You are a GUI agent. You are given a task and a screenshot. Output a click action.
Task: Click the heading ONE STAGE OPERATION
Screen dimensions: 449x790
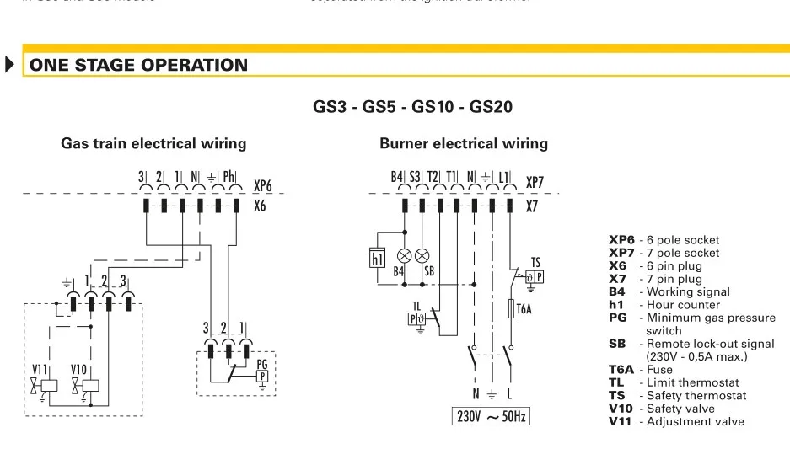(139, 66)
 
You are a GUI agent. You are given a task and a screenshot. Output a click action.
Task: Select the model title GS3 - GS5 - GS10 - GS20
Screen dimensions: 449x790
(413, 107)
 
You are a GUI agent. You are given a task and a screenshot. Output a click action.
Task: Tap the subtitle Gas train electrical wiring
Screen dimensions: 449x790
(153, 143)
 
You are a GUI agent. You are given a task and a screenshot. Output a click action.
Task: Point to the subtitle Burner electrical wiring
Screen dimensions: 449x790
(464, 143)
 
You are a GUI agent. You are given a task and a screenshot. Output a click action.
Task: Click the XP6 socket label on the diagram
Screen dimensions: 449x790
(263, 184)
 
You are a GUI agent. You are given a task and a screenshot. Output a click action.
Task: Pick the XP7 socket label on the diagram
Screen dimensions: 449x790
(535, 182)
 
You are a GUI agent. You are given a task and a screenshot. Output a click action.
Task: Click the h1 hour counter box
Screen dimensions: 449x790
(378, 258)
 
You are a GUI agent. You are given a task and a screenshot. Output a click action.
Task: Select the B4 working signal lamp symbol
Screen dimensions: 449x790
(405, 255)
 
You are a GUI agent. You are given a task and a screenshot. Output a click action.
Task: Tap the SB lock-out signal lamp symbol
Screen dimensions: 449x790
(423, 255)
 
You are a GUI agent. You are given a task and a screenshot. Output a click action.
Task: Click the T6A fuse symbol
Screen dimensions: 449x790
(509, 309)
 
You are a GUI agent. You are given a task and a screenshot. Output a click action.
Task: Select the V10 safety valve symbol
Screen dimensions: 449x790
(88, 387)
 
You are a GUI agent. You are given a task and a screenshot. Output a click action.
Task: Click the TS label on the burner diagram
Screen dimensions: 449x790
(535, 263)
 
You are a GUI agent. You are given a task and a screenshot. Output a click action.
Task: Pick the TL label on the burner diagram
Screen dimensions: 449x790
(416, 306)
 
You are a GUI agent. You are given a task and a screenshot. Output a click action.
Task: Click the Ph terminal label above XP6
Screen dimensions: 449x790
(228, 178)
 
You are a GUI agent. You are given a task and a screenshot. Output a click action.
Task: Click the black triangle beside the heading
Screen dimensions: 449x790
(10, 64)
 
